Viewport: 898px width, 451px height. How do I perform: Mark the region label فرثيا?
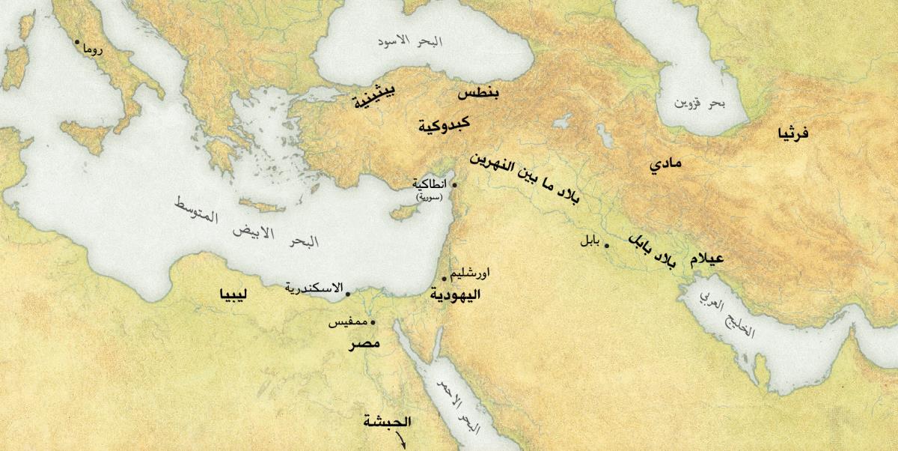tap(793, 133)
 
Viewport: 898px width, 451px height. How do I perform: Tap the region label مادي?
tap(665, 164)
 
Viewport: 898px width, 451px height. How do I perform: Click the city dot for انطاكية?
tap(453, 184)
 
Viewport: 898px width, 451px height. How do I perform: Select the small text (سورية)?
tap(430, 196)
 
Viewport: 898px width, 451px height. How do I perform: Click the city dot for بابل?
tap(606, 246)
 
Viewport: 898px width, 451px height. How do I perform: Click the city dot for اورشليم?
tap(445, 279)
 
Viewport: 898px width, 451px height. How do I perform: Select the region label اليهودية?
tap(454, 295)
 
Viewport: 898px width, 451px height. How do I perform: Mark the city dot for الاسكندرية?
tap(347, 293)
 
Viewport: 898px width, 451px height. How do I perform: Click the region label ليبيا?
tap(234, 294)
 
